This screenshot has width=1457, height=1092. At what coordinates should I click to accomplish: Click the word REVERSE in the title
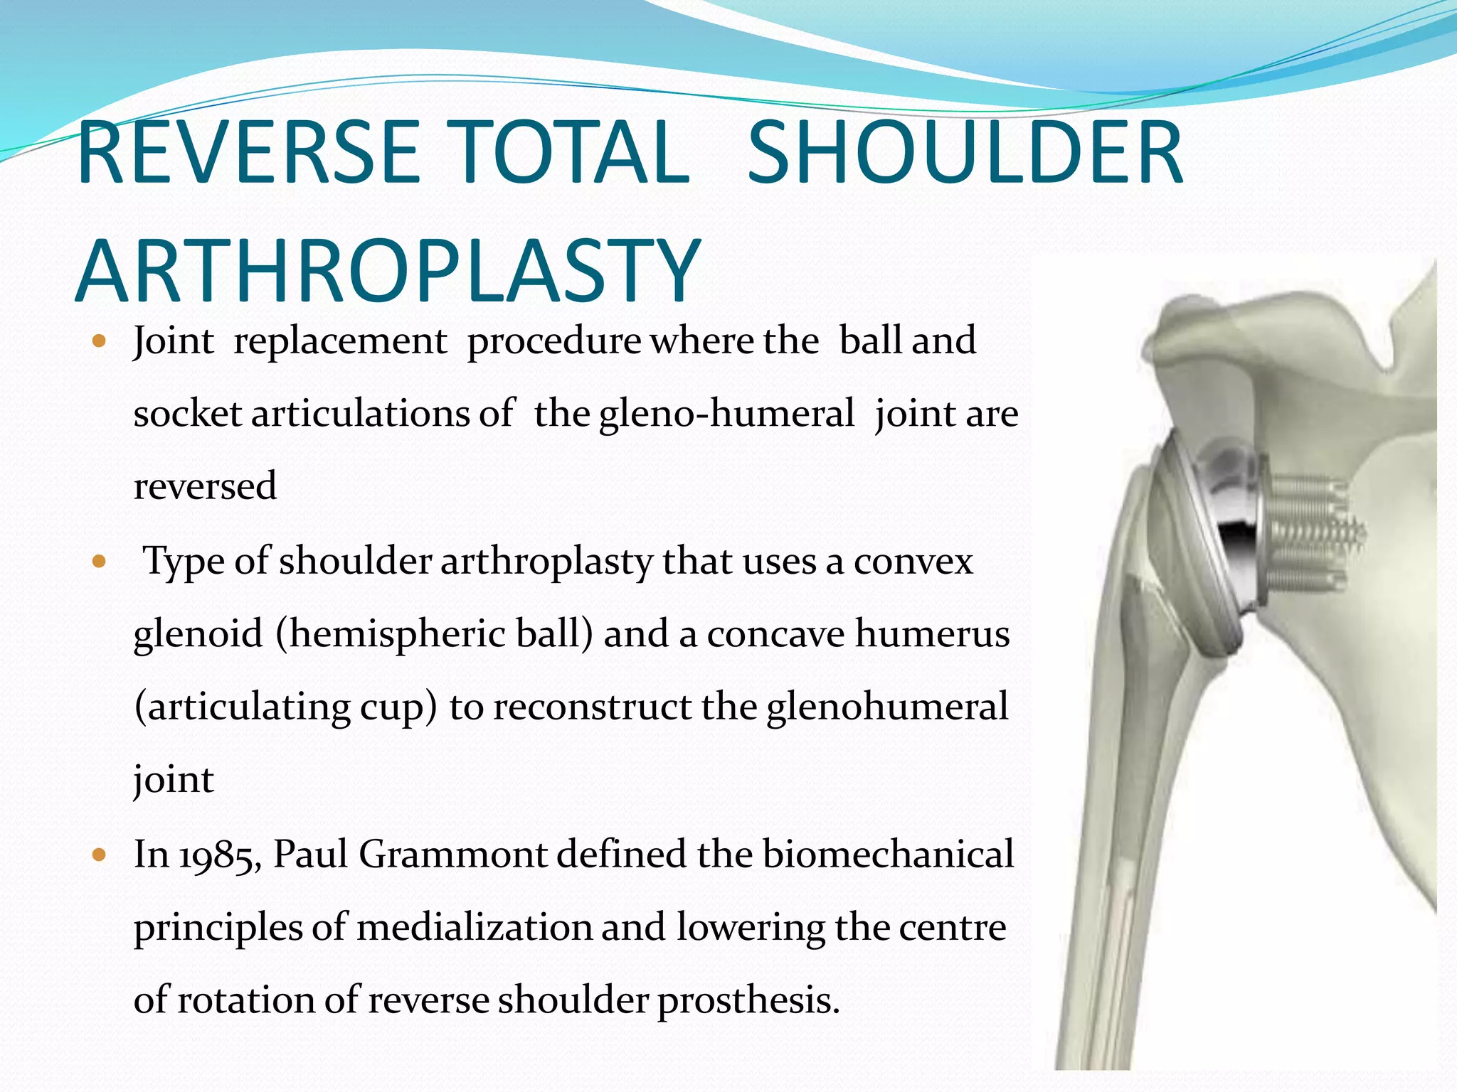249,153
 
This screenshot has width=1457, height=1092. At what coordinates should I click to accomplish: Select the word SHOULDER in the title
965,153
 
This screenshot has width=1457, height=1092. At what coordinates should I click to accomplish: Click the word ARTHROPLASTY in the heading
388,271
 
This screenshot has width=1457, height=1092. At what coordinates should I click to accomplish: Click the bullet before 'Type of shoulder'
99,562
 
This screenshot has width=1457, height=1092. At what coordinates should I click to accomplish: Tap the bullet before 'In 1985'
99,855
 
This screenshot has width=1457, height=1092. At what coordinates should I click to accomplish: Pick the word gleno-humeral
726,414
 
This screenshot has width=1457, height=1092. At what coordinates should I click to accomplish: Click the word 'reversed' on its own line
205,486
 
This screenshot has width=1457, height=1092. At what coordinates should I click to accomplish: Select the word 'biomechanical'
889,854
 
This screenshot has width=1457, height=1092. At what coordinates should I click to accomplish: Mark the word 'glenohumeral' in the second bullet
887,707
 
